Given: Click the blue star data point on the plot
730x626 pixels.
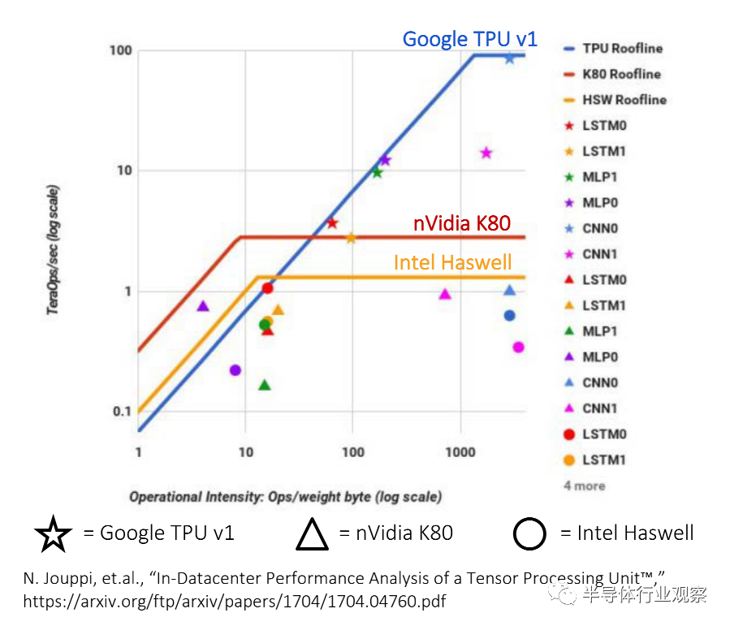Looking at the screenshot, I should coord(509,58).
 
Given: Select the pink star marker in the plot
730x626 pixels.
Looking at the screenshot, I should coord(486,153).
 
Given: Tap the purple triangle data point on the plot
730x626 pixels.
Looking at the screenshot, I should coord(203,306).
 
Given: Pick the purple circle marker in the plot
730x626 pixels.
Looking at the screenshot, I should coord(235,370).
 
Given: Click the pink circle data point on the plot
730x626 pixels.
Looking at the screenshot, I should coord(518,348).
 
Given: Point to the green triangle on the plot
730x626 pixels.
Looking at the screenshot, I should coord(264,385).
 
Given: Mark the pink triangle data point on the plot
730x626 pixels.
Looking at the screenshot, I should coord(445,294).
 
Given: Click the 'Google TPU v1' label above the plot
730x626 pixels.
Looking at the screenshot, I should coord(469,38).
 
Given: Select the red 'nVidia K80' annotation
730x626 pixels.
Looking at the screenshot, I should coord(461,223).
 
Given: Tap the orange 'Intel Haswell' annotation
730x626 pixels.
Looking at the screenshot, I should coord(453,262).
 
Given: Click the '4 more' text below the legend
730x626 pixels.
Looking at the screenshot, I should coord(585,486).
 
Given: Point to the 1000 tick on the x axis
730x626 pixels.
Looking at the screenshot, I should coord(460,451).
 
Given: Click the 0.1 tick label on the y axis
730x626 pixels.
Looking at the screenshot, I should coord(120,412).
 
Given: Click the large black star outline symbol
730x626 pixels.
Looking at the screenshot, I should coord(54,533).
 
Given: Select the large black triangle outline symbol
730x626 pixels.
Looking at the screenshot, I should coord(312,533).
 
